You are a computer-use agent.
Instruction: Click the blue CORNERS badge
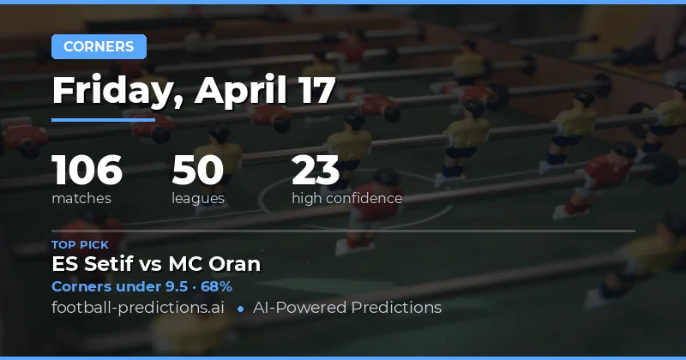(x=99, y=46)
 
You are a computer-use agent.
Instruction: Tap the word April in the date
(x=237, y=90)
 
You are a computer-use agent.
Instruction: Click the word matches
(x=81, y=199)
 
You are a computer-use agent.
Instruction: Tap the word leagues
(x=198, y=199)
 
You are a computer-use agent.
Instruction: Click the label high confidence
(x=346, y=199)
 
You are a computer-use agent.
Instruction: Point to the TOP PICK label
(x=80, y=245)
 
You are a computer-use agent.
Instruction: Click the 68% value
(x=217, y=286)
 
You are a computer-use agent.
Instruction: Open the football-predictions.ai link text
(x=137, y=307)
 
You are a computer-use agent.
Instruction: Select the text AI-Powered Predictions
(x=346, y=307)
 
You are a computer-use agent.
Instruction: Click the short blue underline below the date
(x=103, y=119)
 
